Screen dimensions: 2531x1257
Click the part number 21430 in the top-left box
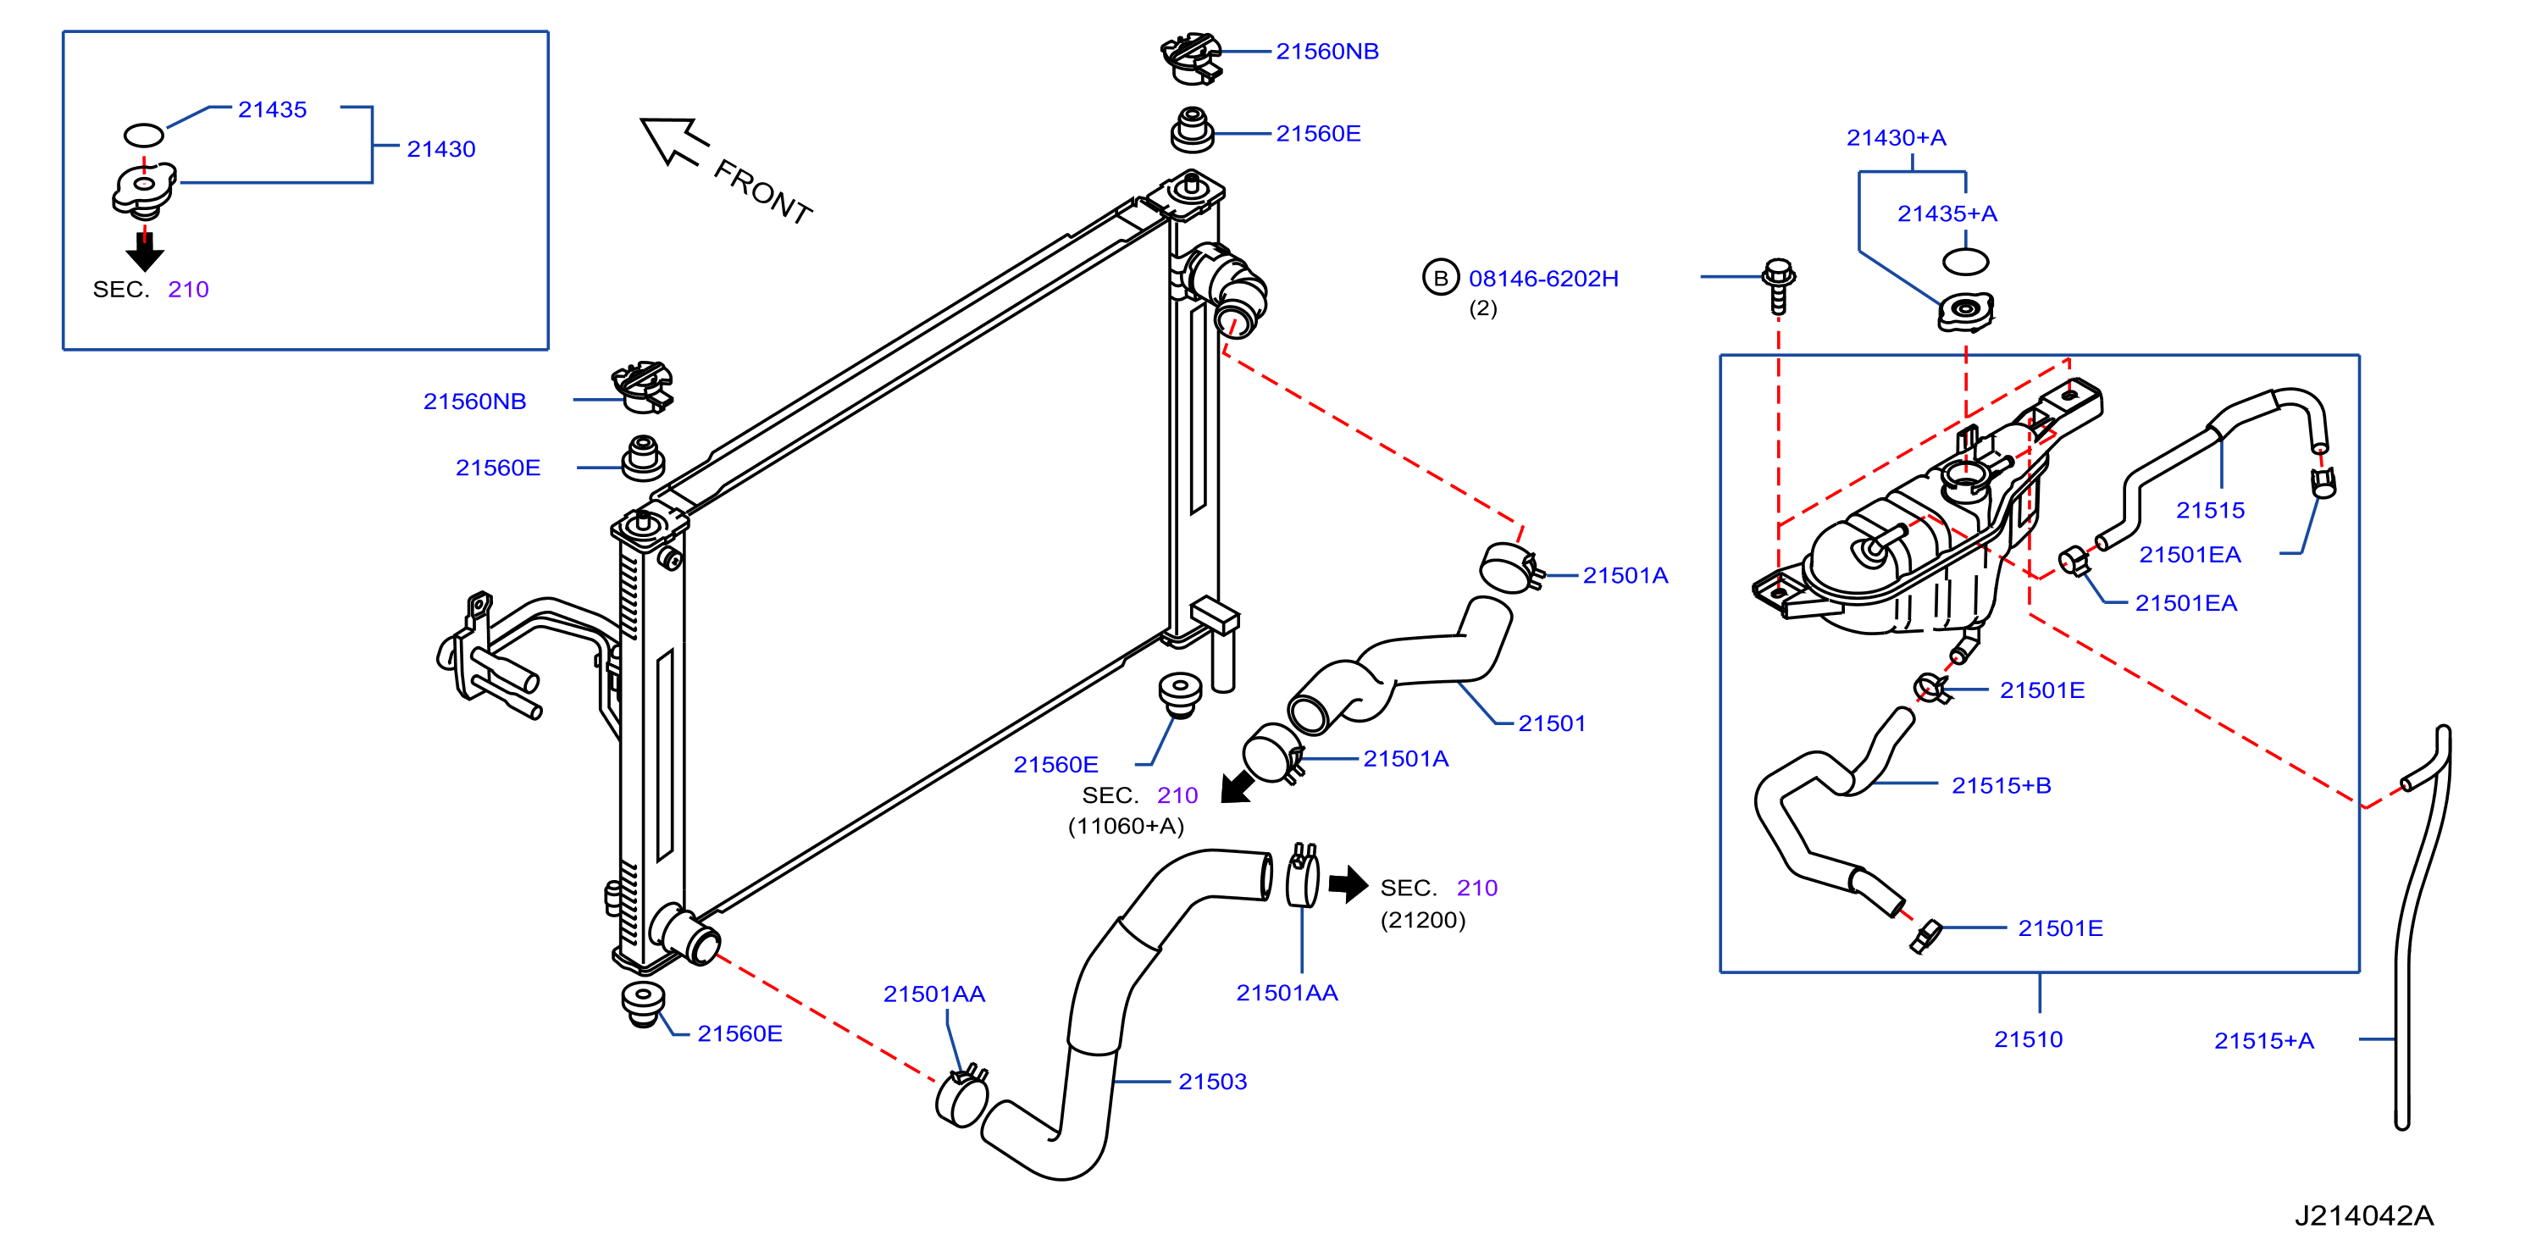tap(441, 149)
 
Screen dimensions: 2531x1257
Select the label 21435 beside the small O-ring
tap(272, 110)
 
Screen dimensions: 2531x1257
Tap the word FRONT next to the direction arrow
tap(762, 192)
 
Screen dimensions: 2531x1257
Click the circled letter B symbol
tap(1440, 278)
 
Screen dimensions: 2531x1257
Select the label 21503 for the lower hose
tap(1212, 1082)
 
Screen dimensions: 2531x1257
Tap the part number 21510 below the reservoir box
tap(2028, 1040)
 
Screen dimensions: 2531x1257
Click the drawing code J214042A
tap(2364, 1216)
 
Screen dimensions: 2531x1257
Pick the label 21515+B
tap(2002, 786)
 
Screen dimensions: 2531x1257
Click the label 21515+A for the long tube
tap(2263, 1042)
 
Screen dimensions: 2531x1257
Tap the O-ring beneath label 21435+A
tap(1965, 262)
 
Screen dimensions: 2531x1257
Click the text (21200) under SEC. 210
tap(1423, 921)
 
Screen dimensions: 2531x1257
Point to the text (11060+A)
tap(1126, 827)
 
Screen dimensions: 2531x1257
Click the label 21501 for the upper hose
tap(1553, 724)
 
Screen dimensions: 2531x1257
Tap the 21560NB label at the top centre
tap(1327, 52)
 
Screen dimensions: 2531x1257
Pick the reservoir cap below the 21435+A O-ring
tap(1965, 313)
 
